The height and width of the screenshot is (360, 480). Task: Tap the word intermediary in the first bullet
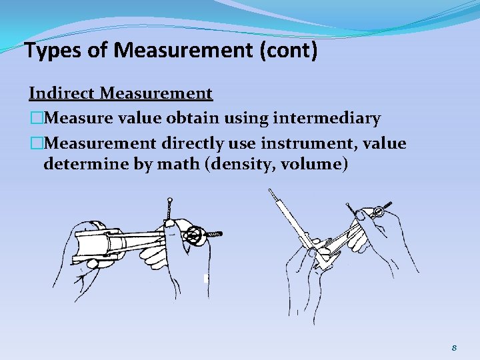coord(331,119)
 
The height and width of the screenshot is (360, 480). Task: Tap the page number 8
coord(454,347)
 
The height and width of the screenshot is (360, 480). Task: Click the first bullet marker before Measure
coord(35,119)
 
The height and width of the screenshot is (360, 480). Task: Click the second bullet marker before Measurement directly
coord(35,143)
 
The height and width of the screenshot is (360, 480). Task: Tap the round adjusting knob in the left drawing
coord(194,235)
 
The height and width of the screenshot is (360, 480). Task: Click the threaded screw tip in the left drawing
coord(215,235)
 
